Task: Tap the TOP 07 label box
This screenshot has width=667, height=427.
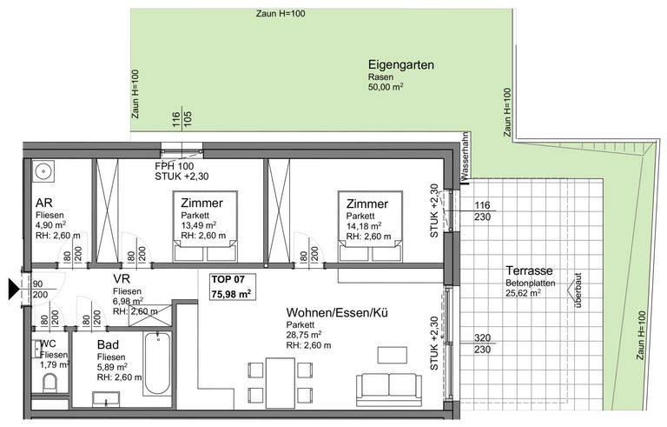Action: (233, 287)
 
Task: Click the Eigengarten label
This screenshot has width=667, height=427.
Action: (401, 65)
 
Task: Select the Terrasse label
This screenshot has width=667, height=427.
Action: (529, 270)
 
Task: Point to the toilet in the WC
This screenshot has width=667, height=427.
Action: (50, 384)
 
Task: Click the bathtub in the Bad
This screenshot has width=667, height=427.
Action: (157, 363)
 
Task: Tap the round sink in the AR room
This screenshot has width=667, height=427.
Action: (43, 170)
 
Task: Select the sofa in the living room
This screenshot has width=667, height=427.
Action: (389, 390)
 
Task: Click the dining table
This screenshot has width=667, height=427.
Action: (281, 383)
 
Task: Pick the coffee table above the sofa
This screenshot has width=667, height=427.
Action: (393, 355)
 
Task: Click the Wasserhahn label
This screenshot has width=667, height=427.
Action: (465, 156)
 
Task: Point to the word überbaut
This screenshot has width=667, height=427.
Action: (578, 290)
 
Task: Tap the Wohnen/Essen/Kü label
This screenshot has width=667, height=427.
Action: (337, 313)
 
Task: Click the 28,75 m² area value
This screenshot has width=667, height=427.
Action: (304, 335)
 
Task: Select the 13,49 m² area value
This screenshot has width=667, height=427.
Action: (199, 225)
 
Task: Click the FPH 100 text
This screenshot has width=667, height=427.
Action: (174, 166)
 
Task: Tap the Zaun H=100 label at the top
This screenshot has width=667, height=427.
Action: (281, 14)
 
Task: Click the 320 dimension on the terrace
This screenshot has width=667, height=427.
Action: (482, 338)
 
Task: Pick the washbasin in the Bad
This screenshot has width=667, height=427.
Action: (105, 399)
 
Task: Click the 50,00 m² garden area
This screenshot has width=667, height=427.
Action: (386, 87)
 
